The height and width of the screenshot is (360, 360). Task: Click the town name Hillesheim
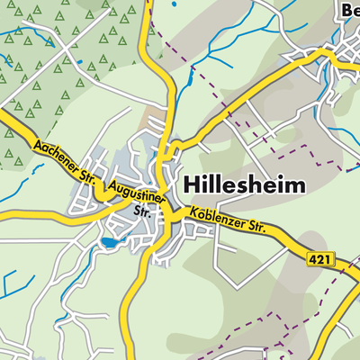pos(244,184)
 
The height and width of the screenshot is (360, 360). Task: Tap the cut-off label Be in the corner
pos(350,10)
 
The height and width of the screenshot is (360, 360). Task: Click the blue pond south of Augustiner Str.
pos(110,242)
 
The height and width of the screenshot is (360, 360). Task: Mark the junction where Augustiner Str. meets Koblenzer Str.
pos(167,214)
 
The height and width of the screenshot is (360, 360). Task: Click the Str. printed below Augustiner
pos(140,212)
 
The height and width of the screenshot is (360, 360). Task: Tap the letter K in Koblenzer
pos(191,213)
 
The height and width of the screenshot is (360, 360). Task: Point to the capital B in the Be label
pos(346,10)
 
